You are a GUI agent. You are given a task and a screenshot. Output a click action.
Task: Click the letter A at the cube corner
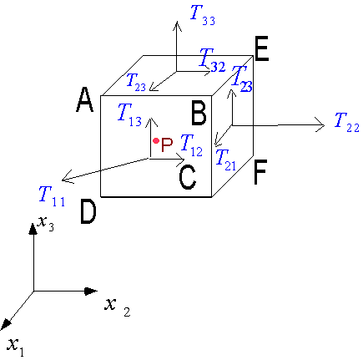coord(84,99)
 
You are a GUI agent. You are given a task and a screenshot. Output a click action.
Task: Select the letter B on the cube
coord(199,113)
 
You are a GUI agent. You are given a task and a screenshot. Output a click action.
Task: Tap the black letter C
coord(188,177)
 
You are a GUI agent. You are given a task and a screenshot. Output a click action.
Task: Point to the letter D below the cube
coord(88,212)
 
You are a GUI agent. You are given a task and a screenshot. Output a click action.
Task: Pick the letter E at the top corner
coord(261,48)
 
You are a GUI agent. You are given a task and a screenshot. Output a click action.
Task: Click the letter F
coord(260,172)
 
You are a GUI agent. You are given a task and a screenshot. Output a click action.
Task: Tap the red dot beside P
coord(156,141)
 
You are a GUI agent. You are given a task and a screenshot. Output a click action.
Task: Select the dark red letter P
coord(167,145)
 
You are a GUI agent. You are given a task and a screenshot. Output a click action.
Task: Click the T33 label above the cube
coord(203,16)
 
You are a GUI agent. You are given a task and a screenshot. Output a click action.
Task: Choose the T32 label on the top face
coord(212,60)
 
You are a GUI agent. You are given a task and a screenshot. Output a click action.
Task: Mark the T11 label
coord(52,196)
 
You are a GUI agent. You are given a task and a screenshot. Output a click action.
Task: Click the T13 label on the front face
coord(129,114)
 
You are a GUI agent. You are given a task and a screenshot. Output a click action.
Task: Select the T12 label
coord(191,145)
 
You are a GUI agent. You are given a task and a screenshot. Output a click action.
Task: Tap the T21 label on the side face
coord(225,160)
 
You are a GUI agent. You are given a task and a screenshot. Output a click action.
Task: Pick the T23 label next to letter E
coord(242,79)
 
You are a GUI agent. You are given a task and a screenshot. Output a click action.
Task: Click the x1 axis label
coord(16,347)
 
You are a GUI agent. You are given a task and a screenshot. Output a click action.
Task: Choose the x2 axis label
coord(118,307)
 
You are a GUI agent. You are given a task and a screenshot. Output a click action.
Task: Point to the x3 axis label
coord(46,223)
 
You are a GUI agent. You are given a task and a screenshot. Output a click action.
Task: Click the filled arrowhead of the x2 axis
coord(91,292)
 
